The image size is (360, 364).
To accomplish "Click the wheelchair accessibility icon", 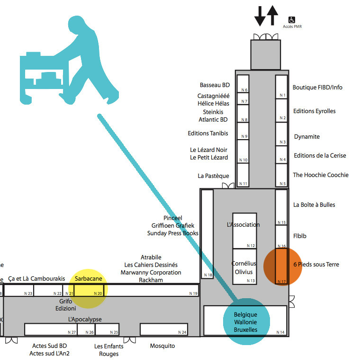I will click(x=292, y=20).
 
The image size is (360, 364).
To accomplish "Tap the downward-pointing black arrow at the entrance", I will click(x=260, y=16).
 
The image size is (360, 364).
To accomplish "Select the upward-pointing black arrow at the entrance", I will click(x=272, y=15).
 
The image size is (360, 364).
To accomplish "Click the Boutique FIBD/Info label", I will click(x=317, y=88).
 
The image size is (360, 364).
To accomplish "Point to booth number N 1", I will click(x=283, y=95).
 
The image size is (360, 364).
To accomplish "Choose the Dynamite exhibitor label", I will click(x=306, y=137).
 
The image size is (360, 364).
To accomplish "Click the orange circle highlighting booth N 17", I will click(x=283, y=266).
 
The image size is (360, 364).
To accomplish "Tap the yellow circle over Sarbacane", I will click(x=89, y=289).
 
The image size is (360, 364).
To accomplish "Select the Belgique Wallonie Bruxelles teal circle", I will click(x=246, y=322).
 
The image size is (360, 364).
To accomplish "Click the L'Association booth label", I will click(x=243, y=225).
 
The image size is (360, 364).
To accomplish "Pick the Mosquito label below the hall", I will click(x=162, y=346).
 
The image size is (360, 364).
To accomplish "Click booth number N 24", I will click(x=182, y=332).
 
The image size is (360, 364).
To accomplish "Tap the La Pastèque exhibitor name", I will click(x=213, y=176).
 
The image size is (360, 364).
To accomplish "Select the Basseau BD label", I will click(x=215, y=85).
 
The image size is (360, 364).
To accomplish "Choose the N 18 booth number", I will click(x=208, y=275).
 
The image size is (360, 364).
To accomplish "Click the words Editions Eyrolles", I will click(x=314, y=111).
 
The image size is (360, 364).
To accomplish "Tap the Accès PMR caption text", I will click(x=292, y=27).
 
